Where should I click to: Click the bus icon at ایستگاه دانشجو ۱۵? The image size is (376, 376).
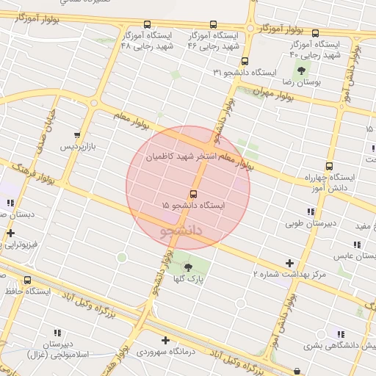pyautogui.click(x=193, y=194)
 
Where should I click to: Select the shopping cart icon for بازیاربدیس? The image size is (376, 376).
pyautogui.click(x=77, y=134)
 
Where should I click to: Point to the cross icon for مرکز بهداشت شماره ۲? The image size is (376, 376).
pyautogui.click(x=290, y=262)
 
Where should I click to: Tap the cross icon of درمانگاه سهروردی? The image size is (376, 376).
pyautogui.click(x=166, y=340)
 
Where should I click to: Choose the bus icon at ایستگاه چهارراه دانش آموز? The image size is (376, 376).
pyautogui.click(x=329, y=166)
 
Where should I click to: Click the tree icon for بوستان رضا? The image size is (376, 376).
pyautogui.click(x=301, y=70)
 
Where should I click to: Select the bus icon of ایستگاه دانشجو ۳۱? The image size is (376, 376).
pyautogui.click(x=245, y=62)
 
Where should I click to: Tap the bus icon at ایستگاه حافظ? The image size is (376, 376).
pyautogui.click(x=28, y=280)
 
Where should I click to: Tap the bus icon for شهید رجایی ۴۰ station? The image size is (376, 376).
pyautogui.click(x=316, y=33)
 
